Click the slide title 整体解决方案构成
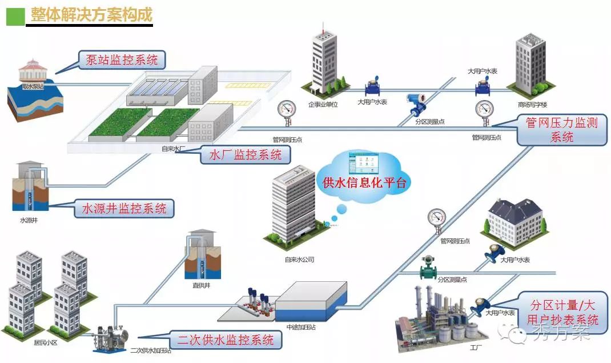point(91,15)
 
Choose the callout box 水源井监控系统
point(124,209)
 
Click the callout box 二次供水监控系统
point(225,340)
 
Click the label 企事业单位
point(324,104)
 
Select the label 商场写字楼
point(532,105)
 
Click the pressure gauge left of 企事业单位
point(285,111)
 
